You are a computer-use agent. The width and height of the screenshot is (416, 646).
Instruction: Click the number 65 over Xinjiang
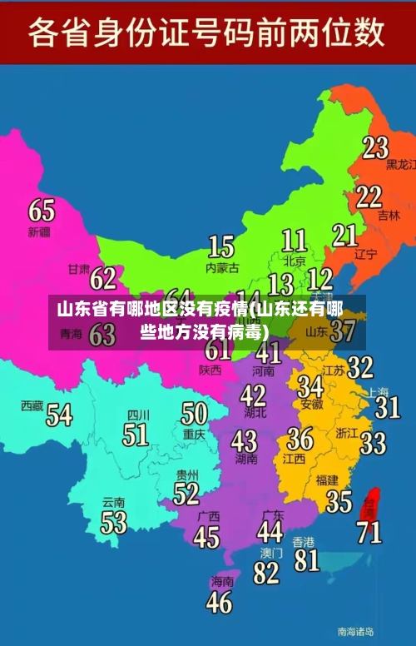pos(42,209)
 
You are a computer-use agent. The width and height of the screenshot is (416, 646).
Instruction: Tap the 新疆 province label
pos(39,231)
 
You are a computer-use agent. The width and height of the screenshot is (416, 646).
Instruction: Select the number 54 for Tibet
pos(58,414)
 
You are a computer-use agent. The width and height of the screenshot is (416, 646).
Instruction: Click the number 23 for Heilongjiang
pos(375,147)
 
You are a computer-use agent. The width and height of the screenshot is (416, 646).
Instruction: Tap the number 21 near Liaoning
pos(344,235)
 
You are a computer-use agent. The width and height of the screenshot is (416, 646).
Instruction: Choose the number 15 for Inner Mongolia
pos(220,246)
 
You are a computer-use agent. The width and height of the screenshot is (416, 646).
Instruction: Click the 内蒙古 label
pos(222,268)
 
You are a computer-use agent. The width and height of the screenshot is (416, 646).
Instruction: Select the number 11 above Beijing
pos(294,241)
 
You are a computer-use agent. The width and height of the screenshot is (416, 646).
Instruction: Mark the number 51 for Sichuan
pos(136,434)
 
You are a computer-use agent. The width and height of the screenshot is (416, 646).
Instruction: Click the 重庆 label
pos(194,434)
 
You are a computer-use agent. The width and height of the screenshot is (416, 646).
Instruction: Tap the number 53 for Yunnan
pos(114,522)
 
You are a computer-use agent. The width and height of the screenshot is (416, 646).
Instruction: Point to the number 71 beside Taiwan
pos(369,531)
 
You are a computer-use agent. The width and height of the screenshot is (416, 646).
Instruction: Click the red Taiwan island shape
pos(371,501)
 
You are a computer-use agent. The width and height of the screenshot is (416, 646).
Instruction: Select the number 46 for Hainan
pos(220,601)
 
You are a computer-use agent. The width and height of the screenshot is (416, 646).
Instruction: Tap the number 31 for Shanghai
pos(387,406)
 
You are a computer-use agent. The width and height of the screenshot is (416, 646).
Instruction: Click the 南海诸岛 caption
pos(355,631)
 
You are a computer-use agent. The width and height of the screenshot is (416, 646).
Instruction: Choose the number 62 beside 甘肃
pos(103,277)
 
